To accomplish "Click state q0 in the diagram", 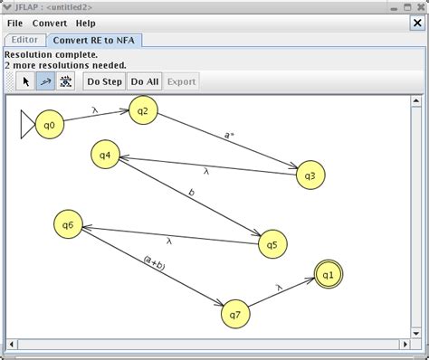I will coord(50,125).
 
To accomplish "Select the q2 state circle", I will coord(143,110).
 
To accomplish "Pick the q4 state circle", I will coord(106,155).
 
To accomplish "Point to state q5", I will coord(272,243).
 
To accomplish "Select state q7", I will coord(234,314).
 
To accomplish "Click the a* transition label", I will coord(230,135).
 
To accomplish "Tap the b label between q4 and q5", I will coord(191,192).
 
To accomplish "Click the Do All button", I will coord(144,81).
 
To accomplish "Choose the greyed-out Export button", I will coord(181,81).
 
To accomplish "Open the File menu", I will coord(15,23).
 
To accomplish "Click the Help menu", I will coord(85,23).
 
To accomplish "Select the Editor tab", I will coord(24,40).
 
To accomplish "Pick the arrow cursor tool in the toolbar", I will coord(26,81).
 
